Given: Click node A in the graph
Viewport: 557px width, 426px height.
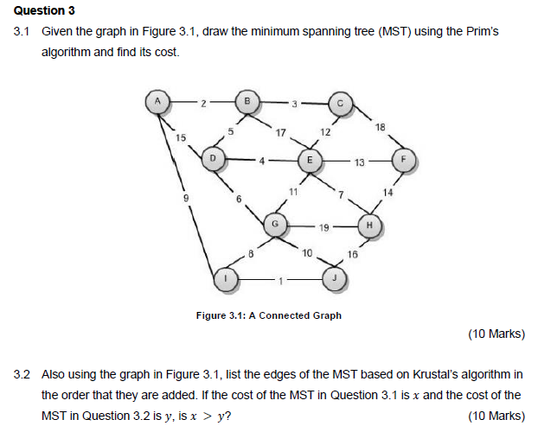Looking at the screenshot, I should [157, 100].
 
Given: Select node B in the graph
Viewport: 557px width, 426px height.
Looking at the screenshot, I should [247, 102].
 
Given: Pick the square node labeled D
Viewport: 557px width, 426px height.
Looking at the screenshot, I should [214, 159].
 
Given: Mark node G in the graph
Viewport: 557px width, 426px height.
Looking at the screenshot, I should [275, 222].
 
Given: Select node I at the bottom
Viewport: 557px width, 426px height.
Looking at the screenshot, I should [225, 279].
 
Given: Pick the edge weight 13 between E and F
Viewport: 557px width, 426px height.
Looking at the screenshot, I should [360, 161].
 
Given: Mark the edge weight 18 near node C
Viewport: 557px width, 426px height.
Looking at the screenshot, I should [381, 128].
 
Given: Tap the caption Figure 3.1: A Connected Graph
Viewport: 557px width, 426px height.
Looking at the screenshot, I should [269, 315].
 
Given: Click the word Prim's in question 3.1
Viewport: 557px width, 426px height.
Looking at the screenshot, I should [481, 31].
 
